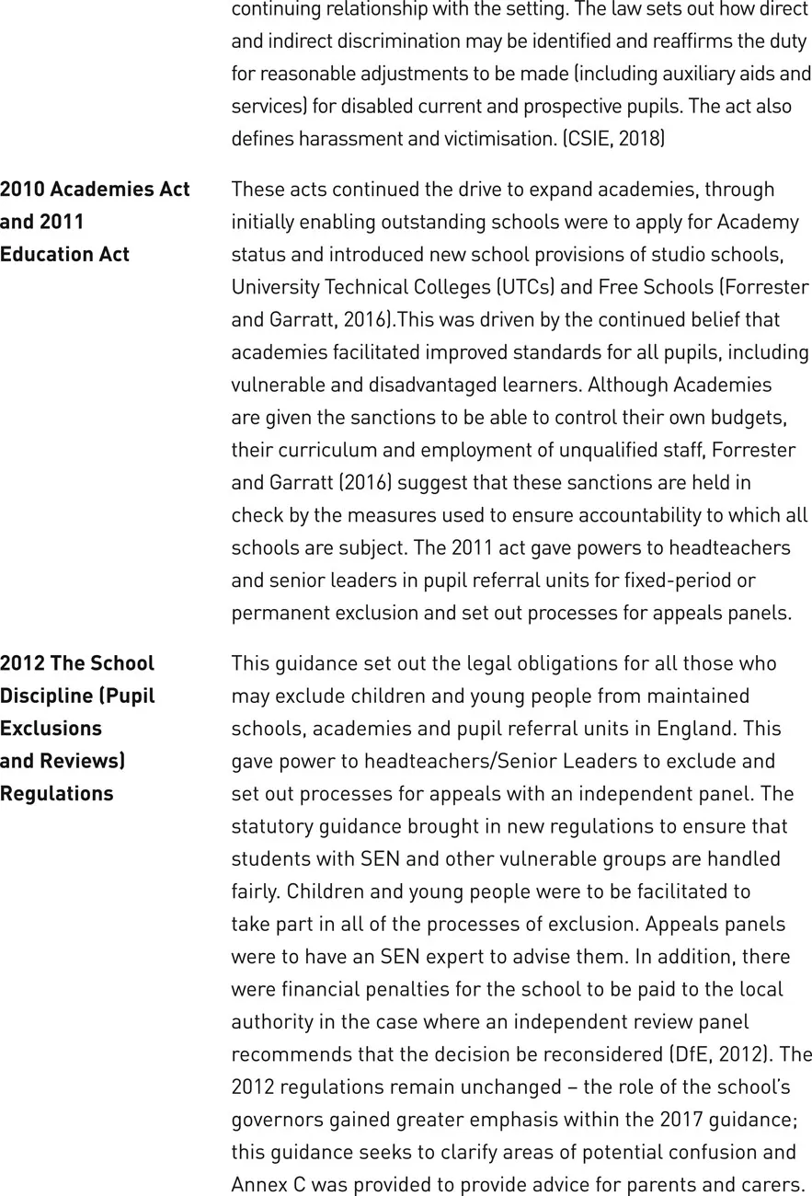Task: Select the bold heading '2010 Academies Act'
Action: [95, 189]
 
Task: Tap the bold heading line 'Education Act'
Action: [64, 254]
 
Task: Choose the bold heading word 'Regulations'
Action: [57, 793]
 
